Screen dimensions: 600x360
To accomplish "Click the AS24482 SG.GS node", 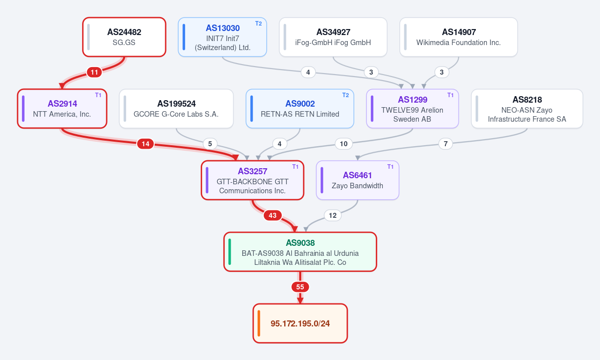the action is pos(125,37).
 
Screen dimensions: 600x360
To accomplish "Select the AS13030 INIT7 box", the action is pos(222,37).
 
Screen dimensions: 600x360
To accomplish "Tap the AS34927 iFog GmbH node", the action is pos(333,37).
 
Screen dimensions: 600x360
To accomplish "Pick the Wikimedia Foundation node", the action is pos(458,37).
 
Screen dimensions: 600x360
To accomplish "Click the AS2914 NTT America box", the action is pos(62,109).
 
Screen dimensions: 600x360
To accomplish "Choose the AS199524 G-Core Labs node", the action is pos(177,109).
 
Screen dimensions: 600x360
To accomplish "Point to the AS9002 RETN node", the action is pos(300,109).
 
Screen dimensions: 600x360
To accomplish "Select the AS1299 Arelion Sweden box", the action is pos(412,109).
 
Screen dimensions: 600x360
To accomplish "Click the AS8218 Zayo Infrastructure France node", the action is pos(527,109).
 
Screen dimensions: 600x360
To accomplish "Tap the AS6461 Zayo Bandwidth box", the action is pos(357,180).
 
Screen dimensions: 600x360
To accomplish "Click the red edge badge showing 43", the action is pos(272,216).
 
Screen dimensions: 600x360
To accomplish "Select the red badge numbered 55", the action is pos(300,287).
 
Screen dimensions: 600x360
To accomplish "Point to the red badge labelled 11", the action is pos(94,72).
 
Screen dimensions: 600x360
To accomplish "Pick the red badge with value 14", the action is pos(146,144).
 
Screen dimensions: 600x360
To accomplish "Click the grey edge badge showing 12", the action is pos(333,216).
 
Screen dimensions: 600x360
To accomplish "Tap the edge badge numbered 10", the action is pos(344,144).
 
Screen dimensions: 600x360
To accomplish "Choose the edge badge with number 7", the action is pos(445,144).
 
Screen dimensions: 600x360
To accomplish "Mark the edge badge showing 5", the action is pos(210,144).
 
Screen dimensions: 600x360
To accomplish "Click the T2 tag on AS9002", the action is pos(345,95).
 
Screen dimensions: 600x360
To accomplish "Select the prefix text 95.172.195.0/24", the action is pos(300,323).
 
